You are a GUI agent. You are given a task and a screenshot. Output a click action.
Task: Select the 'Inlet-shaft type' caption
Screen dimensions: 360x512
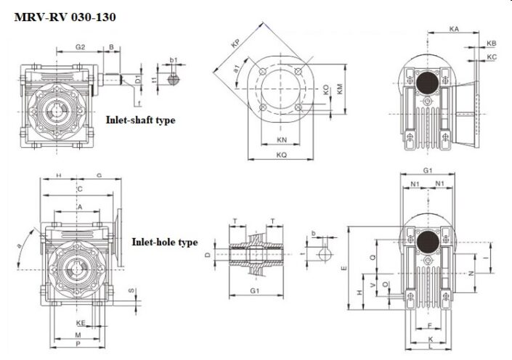coord(140,120)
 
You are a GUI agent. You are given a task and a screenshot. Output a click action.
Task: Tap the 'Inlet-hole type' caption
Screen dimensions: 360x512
coord(164,242)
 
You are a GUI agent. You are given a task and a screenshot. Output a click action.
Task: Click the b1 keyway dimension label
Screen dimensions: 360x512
coord(174,60)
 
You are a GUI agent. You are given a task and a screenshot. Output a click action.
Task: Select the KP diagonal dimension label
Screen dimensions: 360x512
coord(235,44)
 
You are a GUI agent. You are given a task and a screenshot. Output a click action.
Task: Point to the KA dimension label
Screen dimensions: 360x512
coord(454,29)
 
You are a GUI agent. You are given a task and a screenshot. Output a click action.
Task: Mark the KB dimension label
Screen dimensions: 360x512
coord(492,44)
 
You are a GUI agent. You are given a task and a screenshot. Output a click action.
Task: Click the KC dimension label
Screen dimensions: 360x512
coord(492,57)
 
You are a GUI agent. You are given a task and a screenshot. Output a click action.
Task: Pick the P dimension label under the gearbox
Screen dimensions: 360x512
coord(78,345)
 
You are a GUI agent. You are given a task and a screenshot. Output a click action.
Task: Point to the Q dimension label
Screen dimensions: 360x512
coord(373,257)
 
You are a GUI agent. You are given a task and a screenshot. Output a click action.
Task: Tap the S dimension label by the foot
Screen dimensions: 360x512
coord(131,291)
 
